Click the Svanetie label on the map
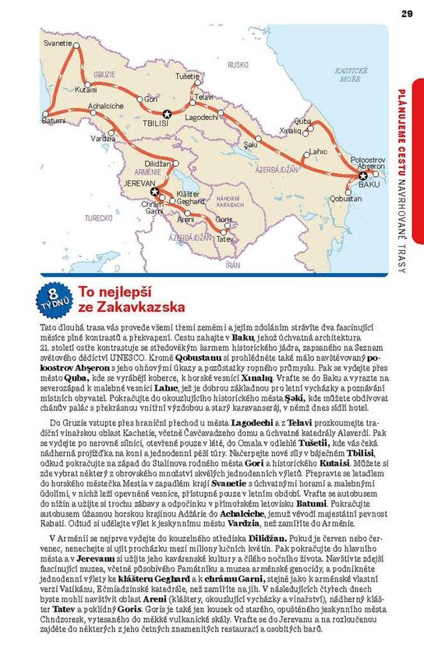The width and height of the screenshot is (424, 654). tap(59, 43)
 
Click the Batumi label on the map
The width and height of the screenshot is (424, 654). tap(53, 122)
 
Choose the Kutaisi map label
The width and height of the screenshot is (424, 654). tap(86, 89)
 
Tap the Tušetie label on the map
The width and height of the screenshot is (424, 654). tap(187, 76)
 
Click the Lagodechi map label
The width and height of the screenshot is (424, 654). tap(201, 116)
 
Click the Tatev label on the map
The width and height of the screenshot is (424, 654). tap(225, 239)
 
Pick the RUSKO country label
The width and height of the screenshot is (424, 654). tap(238, 65)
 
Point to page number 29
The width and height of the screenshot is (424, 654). tap(407, 12)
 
